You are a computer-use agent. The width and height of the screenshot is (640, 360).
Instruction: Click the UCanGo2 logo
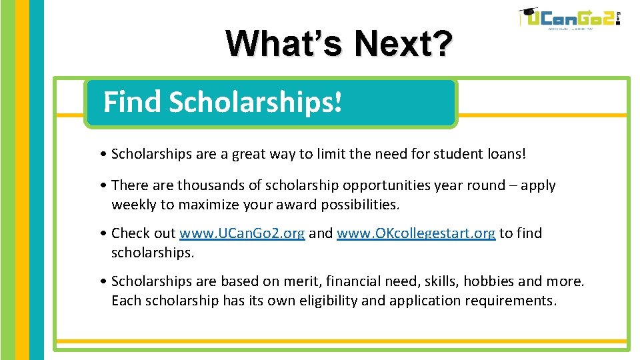pyautogui.click(x=571, y=19)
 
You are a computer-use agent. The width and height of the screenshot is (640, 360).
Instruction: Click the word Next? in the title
pyautogui.click(x=404, y=44)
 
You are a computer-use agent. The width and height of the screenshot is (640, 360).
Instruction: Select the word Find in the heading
pyautogui.click(x=132, y=103)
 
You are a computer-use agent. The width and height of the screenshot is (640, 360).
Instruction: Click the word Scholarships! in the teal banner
pyautogui.click(x=255, y=103)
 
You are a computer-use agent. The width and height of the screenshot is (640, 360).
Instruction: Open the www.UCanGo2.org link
pyautogui.click(x=242, y=233)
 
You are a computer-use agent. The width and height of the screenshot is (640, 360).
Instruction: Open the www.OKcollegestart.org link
pyautogui.click(x=416, y=233)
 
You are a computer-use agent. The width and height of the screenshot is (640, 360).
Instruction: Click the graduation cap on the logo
pyautogui.click(x=528, y=13)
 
